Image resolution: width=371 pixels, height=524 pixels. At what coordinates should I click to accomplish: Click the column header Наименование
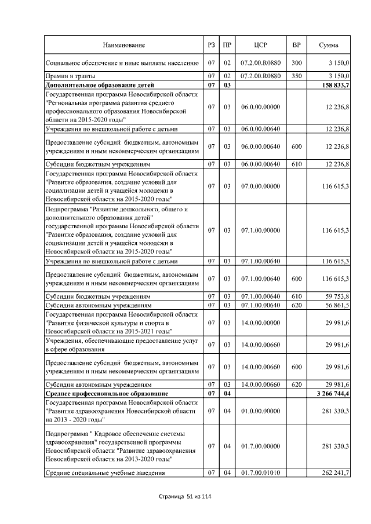coord(123,45)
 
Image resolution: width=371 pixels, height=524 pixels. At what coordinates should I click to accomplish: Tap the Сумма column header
coord(329,45)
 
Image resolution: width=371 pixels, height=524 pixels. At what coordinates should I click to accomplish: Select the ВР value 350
coord(297,76)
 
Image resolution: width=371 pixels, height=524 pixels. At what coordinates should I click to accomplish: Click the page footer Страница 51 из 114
coord(185,497)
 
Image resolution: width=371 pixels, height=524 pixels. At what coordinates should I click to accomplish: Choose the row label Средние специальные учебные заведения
coord(105,473)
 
